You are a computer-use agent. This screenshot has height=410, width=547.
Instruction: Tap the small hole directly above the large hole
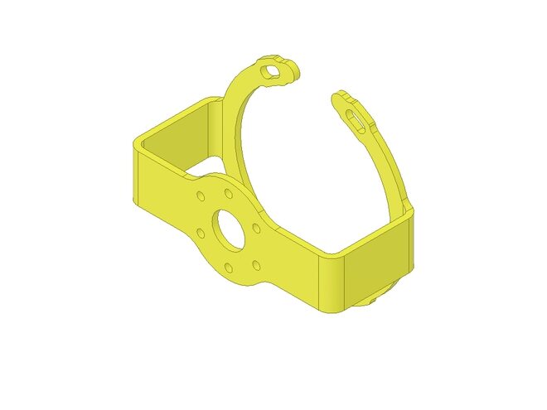[x=227, y=194]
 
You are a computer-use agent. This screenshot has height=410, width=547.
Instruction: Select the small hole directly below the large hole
[x=229, y=268]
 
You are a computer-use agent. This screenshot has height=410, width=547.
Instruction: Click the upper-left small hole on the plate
[x=201, y=197]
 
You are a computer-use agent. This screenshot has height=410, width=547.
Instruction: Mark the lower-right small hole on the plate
[x=256, y=265]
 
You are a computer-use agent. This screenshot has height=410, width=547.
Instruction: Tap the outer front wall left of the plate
[x=162, y=195]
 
